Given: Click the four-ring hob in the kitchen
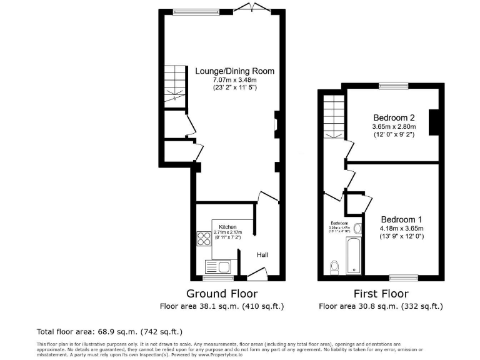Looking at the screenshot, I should tap(204, 239).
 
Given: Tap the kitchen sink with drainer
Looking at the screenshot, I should tap(217, 267).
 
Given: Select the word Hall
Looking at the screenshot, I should tap(263, 255).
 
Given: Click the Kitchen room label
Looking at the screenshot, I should tap(227, 226).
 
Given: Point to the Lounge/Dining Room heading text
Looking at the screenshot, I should tap(234, 71).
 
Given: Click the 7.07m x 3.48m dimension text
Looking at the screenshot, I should tap(234, 80).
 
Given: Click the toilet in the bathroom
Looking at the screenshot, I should tap(334, 267).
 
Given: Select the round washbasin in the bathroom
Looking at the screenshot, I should tap(357, 228).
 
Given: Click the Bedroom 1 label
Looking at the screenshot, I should tap(402, 219).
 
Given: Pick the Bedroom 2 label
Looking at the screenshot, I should tap(394, 117).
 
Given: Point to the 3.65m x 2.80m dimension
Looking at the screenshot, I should tap(394, 127).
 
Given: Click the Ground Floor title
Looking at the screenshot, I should tap(222, 293).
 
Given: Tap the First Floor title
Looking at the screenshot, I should tap(381, 293).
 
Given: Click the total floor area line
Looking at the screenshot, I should tap(110, 331).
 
